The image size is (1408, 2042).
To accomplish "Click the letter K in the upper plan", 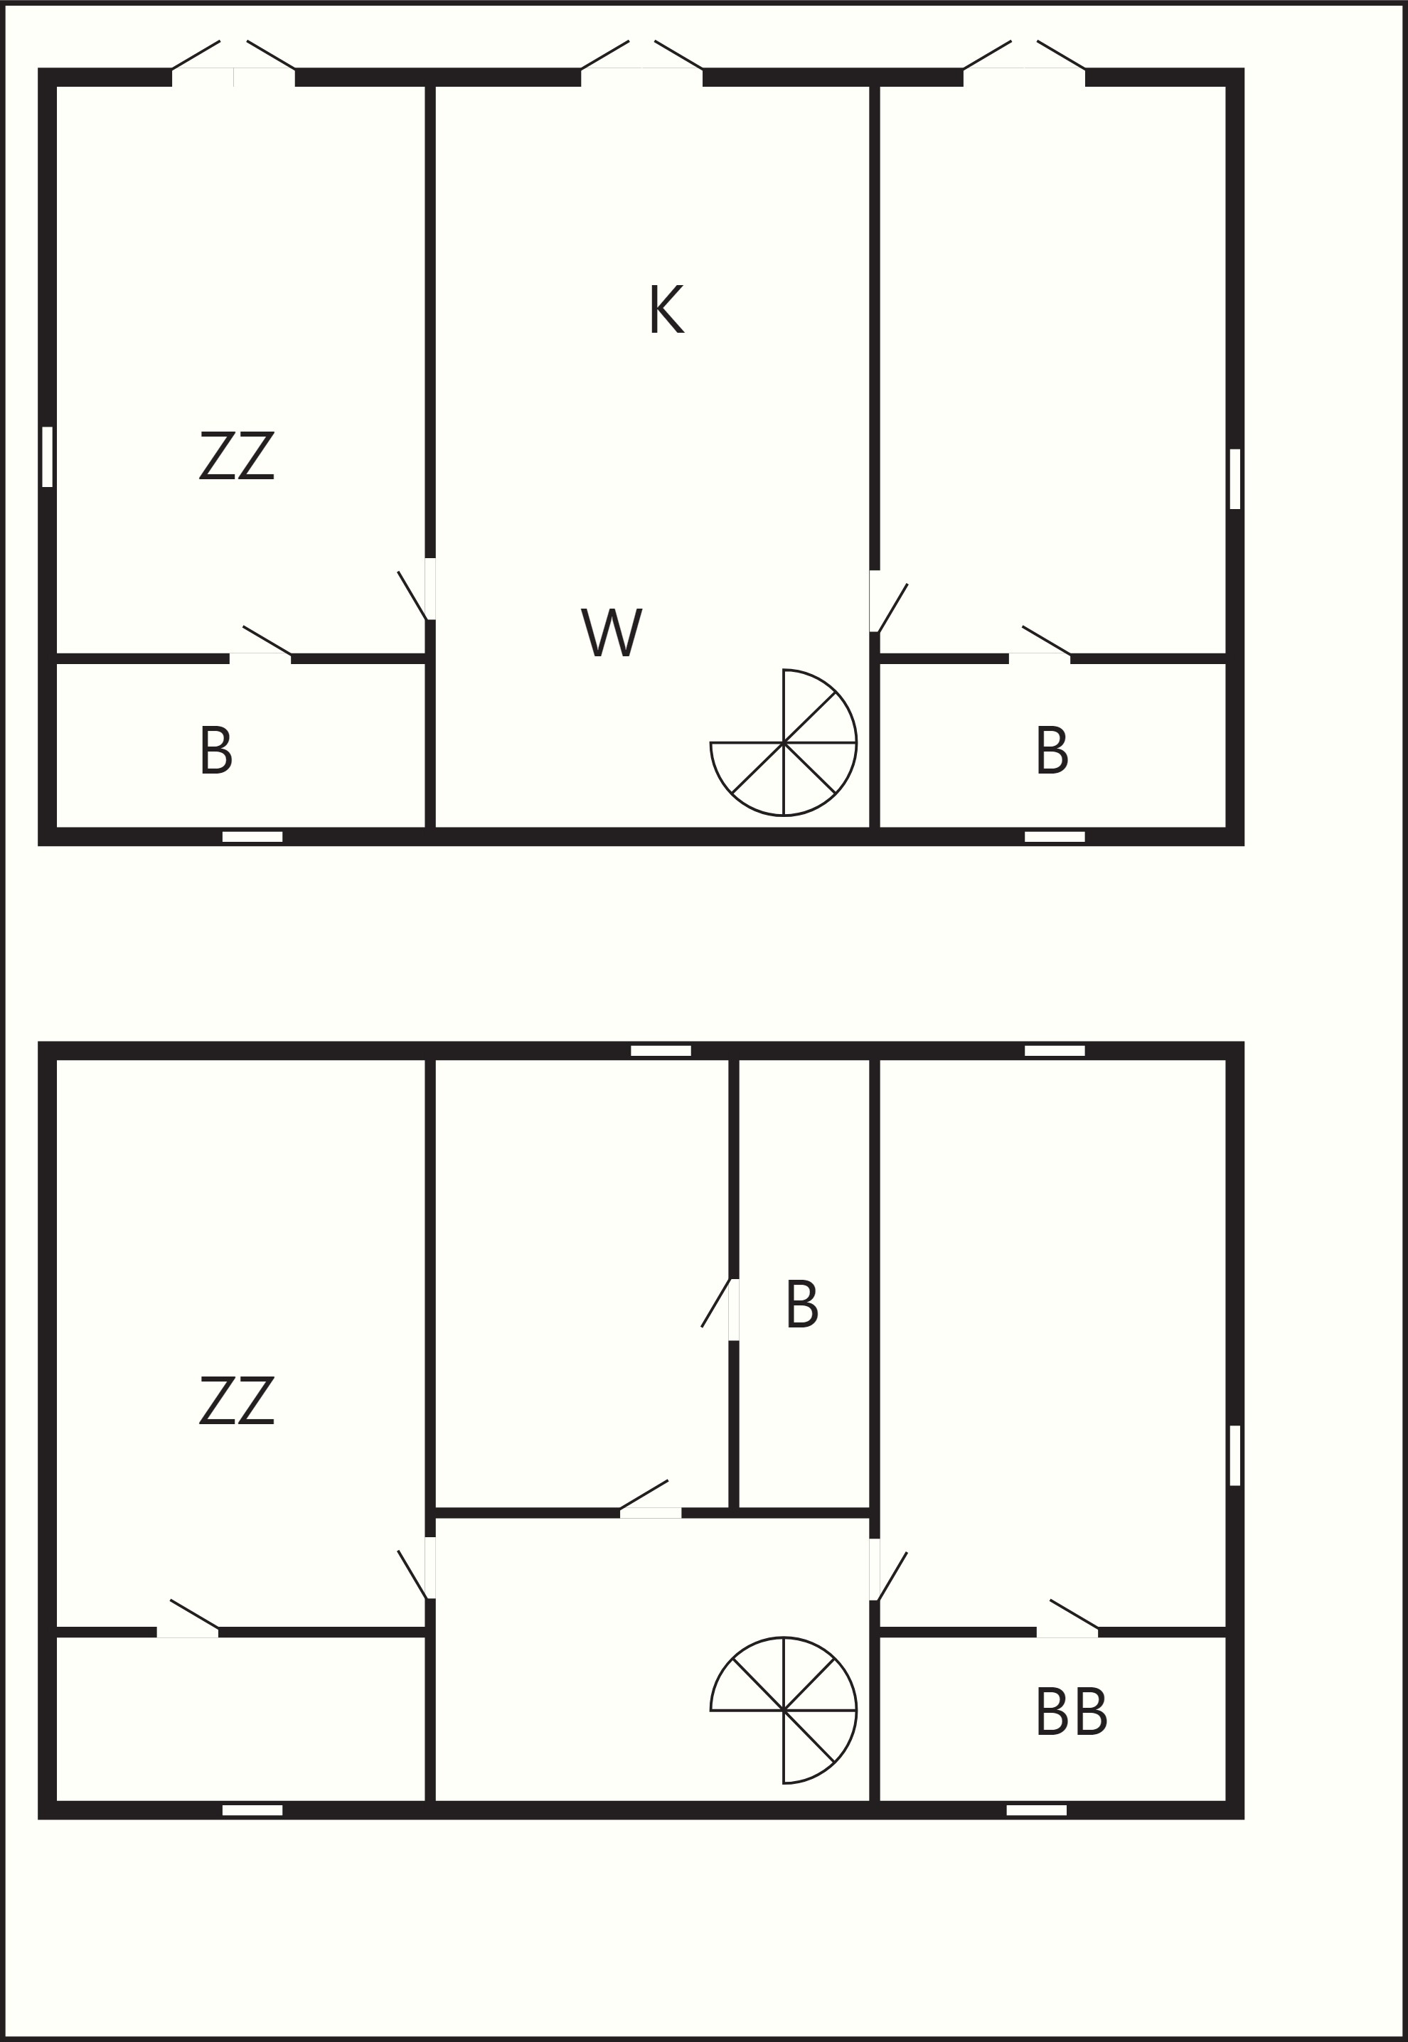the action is coord(666,309).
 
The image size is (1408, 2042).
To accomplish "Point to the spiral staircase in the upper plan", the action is coord(784,743).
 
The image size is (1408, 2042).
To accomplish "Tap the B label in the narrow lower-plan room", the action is coord(802,1305).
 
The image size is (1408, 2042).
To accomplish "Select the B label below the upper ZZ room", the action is coord(216,751).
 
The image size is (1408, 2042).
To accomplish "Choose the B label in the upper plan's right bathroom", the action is coord(1052,751).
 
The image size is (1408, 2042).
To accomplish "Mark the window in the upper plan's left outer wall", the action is coord(48,457).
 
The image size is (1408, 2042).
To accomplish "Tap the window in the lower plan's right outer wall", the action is coord(1235,1455).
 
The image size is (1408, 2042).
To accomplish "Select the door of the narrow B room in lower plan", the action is coord(718,1309).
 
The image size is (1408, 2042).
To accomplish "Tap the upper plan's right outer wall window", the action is coord(1235,479).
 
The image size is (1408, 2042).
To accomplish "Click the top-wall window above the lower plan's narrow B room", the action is coord(661,1051).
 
